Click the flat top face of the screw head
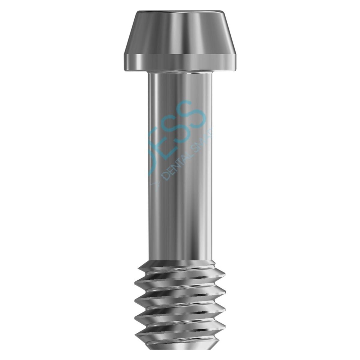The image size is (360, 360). point(180,13)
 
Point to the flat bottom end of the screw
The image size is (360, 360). point(180,357)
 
